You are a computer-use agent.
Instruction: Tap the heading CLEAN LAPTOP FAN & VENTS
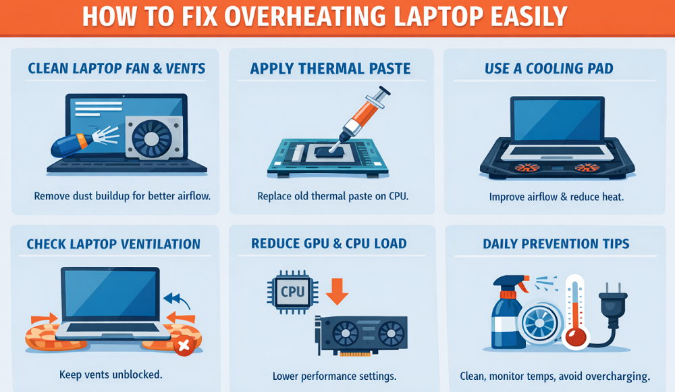tap(117, 68)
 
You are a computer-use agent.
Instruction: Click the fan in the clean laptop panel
tap(151, 139)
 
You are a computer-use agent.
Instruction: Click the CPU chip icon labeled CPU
tap(293, 292)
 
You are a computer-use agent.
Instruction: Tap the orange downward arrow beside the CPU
tap(337, 291)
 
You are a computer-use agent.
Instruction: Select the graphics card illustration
tap(362, 335)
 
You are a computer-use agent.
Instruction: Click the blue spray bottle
tap(508, 312)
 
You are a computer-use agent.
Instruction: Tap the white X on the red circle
tap(184, 345)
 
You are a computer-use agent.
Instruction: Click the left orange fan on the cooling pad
tap(527, 168)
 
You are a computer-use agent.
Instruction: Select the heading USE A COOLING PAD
tap(549, 68)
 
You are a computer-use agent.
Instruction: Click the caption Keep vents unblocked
tap(111, 374)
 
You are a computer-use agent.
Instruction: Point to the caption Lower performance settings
tap(335, 376)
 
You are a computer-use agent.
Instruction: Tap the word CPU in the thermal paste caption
tap(398, 196)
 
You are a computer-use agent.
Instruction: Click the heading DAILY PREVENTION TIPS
tap(556, 244)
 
